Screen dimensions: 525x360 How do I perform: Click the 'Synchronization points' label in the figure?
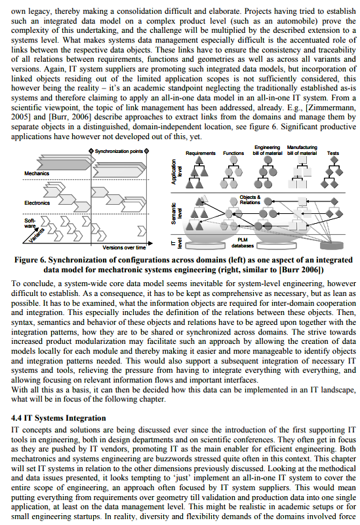tap(119, 152)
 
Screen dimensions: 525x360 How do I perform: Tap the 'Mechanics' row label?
tap(37, 173)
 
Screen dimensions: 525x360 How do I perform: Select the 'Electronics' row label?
tap(37, 203)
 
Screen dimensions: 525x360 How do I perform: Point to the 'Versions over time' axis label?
tap(124, 247)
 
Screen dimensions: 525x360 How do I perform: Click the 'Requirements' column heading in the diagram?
tap(201, 153)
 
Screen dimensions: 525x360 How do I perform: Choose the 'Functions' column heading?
tap(233, 153)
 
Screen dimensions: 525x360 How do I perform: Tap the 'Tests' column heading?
tap(333, 153)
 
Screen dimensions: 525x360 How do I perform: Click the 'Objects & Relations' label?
tap(249, 199)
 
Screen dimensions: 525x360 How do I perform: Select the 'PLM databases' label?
tap(247, 243)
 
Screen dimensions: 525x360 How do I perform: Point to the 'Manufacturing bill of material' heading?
tap(302, 150)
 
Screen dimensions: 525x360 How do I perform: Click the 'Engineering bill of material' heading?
tap(267, 150)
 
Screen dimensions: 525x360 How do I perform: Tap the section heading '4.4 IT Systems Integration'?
tap(59, 417)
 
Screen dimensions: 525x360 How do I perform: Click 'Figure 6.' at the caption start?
tap(31, 260)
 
